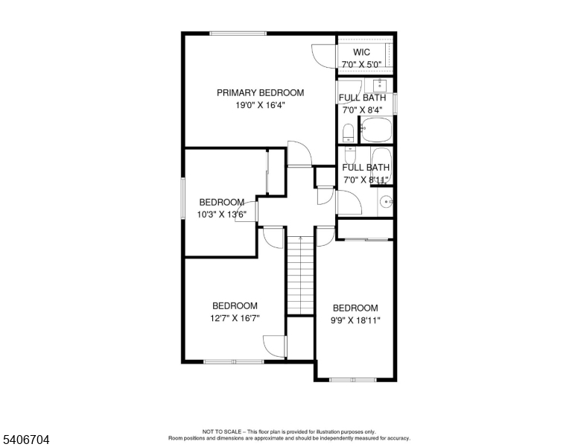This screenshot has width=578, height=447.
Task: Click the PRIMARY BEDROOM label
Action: click(x=260, y=92)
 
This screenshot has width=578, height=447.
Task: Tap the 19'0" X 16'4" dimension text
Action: click(x=260, y=105)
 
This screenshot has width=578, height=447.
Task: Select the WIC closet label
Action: click(x=361, y=52)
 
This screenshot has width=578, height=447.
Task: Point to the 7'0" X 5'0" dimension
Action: click(x=361, y=65)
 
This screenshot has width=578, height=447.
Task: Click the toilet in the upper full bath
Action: click(x=348, y=133)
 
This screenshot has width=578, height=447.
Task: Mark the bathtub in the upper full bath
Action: click(x=376, y=133)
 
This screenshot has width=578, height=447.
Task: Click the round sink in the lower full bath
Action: click(x=385, y=201)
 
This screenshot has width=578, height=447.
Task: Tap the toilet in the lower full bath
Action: click(x=350, y=155)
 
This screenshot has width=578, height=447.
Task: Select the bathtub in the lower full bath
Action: click(x=381, y=164)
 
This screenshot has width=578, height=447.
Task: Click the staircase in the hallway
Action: click(x=300, y=276)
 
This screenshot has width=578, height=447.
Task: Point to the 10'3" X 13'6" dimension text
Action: click(x=221, y=215)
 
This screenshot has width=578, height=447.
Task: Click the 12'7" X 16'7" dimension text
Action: click(x=235, y=318)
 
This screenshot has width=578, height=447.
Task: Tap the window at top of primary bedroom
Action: click(x=238, y=33)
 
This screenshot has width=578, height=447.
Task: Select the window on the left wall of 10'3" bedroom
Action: click(x=183, y=198)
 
